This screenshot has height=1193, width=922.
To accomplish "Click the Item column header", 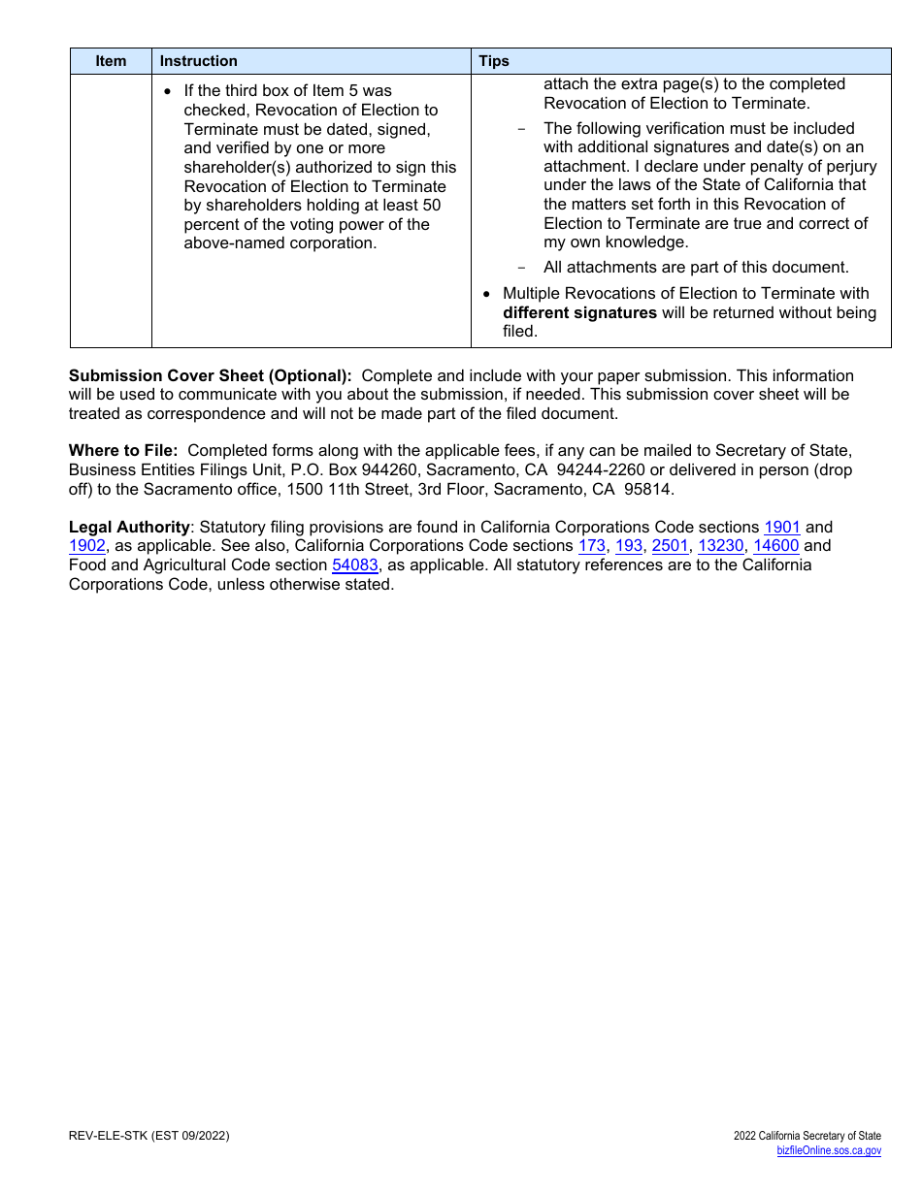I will coord(111,61).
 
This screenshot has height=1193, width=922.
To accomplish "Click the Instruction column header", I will coord(198,61).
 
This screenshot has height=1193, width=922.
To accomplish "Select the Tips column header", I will coord(493,61).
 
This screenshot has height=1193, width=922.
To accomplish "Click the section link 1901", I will coord(781,528).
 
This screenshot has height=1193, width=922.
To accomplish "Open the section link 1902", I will coord(86,546).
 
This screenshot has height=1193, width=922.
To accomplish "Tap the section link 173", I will coord(591,546).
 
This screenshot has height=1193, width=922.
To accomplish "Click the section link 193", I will coord(628,546).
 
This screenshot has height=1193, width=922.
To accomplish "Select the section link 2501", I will coord(670,546).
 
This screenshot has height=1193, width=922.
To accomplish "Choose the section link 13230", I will coord(720,546).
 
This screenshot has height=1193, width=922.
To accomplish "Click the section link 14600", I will coord(775,546).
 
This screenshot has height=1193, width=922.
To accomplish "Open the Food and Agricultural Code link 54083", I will coord(354,564).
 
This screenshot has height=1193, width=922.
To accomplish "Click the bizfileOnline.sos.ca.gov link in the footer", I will coord(829,1151).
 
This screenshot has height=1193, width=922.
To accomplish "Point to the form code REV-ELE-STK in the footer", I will coord(108,1136).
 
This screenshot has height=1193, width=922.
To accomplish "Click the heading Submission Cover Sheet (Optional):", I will coord(210,376).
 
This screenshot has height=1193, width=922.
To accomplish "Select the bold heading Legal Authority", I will coord(129,528).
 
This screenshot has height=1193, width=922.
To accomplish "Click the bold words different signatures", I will coord(579,312).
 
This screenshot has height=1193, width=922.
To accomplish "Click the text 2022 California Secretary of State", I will coord(807,1136).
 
